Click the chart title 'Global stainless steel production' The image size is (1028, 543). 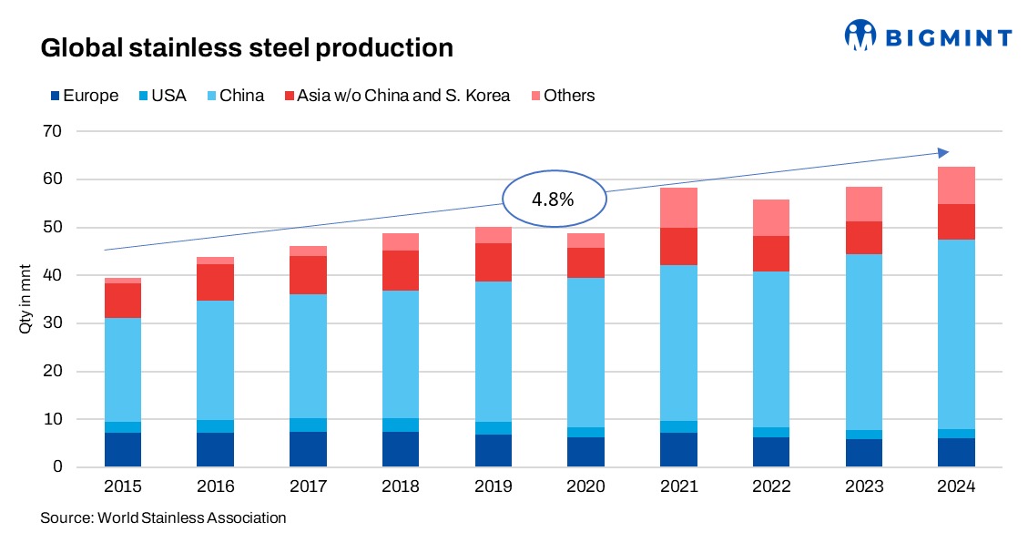coord(247,47)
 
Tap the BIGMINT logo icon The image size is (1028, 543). coord(860,36)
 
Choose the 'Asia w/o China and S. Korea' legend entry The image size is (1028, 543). coord(397,96)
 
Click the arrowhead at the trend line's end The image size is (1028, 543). coord(943,152)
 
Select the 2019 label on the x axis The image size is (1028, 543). coord(493,487)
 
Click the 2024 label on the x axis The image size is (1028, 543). coord(956,487)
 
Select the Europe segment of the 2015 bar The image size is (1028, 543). coord(122,450)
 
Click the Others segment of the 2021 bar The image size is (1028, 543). coord(678,208)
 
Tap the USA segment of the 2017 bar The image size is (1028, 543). coord(308,425)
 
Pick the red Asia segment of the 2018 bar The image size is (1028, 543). coord(401,271)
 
